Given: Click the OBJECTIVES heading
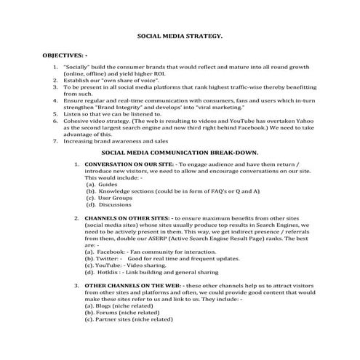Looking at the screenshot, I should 66,55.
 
